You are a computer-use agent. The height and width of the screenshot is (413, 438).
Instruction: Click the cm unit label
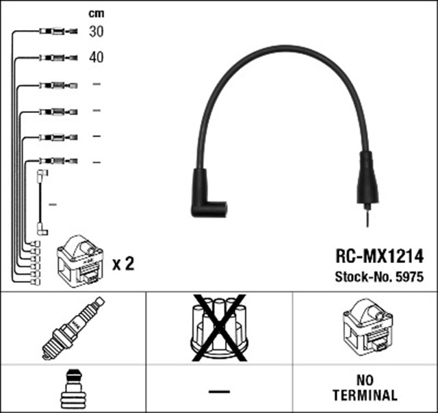click(x=96, y=13)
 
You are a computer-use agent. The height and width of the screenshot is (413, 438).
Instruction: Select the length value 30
click(x=96, y=32)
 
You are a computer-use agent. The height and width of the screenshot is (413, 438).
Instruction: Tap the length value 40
click(x=96, y=58)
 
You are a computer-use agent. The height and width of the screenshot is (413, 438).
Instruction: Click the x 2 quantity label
click(x=123, y=263)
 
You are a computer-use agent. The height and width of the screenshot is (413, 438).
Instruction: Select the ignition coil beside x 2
click(x=80, y=260)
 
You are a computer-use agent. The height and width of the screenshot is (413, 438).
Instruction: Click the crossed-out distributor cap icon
click(x=219, y=328)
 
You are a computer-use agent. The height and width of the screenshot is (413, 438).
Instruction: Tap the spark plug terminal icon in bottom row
click(x=73, y=389)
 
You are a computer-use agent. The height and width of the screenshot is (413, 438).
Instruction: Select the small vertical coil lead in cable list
click(x=42, y=203)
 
